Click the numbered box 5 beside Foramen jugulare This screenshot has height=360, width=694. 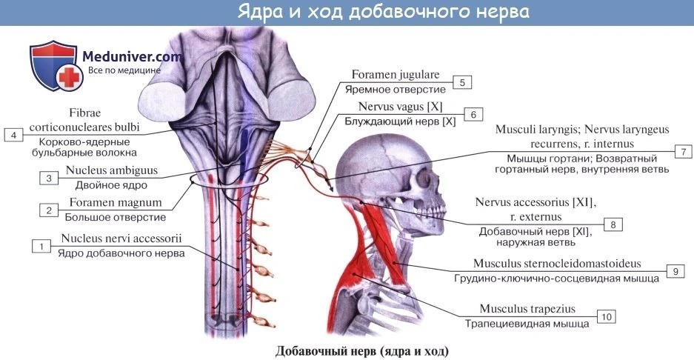462,82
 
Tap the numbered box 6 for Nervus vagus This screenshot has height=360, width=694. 473,115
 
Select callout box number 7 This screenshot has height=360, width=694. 684,152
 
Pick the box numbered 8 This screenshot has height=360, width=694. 613,224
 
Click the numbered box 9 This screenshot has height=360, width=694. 675,271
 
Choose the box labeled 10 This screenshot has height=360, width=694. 607,316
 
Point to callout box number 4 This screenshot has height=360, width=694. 14,135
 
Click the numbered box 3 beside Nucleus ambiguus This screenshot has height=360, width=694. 49,178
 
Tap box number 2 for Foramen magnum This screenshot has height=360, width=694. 49,210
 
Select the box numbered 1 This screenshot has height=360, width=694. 41,246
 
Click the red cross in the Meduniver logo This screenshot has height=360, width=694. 69,78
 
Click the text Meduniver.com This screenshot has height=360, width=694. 132,56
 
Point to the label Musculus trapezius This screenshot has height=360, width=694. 527,309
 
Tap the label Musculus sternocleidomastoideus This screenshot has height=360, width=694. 557,264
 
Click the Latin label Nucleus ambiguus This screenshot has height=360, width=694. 112,170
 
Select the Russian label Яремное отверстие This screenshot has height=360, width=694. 396,90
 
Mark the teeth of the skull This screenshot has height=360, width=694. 437,209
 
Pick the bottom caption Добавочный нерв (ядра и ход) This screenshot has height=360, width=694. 362,351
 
